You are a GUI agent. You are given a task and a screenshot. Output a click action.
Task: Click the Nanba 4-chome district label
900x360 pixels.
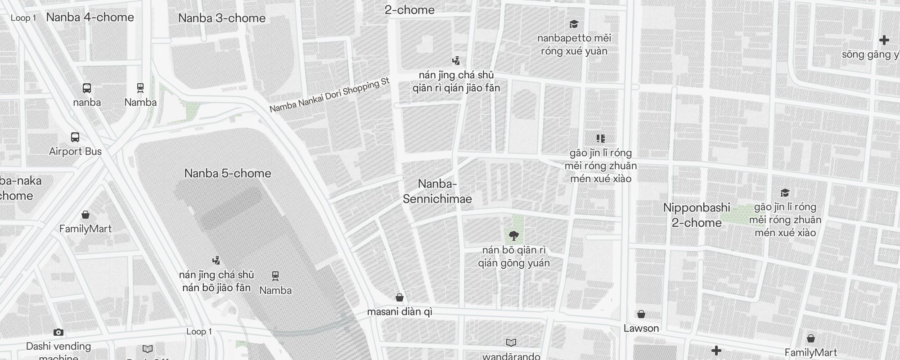[x=90, y=18]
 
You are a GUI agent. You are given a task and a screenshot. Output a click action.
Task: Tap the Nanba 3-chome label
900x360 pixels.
[x=222, y=18]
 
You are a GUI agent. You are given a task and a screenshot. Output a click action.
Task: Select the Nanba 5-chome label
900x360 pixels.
[x=228, y=173]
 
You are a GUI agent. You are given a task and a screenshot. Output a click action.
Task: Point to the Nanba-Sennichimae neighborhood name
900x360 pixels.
[x=437, y=191]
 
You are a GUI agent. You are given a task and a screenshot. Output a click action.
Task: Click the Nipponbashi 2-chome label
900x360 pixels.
[x=697, y=215]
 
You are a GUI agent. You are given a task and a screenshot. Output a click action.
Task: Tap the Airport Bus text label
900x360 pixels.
[x=76, y=152]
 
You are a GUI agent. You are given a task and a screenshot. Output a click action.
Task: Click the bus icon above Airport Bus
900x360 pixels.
[x=75, y=137]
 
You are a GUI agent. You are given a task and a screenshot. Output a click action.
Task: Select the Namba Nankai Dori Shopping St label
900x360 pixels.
[x=329, y=95]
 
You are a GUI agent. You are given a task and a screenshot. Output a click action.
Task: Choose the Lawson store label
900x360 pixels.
[x=641, y=328]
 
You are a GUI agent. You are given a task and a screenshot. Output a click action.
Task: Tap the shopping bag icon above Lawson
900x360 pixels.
[x=641, y=314]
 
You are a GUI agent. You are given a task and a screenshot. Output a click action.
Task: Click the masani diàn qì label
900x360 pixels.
[x=400, y=312]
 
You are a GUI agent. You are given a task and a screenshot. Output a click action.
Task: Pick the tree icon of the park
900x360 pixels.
[x=513, y=235]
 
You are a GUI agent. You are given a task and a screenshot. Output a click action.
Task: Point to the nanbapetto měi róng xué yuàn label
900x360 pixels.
[x=574, y=45]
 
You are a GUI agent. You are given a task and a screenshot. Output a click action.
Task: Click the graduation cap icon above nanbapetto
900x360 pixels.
[x=574, y=24]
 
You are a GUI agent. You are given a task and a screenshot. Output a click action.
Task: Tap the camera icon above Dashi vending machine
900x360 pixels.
[x=58, y=333]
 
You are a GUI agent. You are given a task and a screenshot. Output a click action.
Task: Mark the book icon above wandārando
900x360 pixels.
[x=511, y=342]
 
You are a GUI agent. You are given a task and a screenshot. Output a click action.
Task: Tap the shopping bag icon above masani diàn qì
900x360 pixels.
[x=399, y=297]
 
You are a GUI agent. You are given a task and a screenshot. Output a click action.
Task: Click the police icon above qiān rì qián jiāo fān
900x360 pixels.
[x=456, y=61]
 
